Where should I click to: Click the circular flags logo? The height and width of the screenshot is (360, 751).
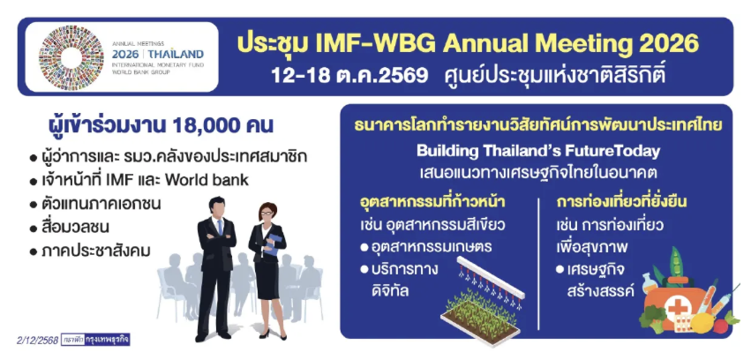pos(71,57)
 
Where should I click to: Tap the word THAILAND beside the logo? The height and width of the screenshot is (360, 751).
pos(176,54)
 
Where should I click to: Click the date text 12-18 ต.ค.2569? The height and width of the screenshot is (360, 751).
pos(349,75)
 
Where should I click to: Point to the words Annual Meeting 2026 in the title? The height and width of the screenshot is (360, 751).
pos(572,44)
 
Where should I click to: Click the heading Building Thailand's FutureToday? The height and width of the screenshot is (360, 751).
pos(538,151)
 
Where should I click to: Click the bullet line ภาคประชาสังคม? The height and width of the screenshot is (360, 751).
pos(90,251)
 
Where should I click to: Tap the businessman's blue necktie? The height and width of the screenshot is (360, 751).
pos(220,227)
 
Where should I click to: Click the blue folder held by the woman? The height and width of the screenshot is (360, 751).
pos(272,244)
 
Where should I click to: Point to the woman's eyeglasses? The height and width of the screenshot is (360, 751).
pos(267,213)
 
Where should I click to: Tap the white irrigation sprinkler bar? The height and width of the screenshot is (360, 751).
pos(490,277)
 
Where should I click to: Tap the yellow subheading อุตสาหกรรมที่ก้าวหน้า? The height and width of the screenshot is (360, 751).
pos(432,202)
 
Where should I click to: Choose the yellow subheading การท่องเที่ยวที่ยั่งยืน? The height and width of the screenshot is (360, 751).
pos(621,202)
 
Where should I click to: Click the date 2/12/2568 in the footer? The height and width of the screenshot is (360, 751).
pos(37,341)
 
